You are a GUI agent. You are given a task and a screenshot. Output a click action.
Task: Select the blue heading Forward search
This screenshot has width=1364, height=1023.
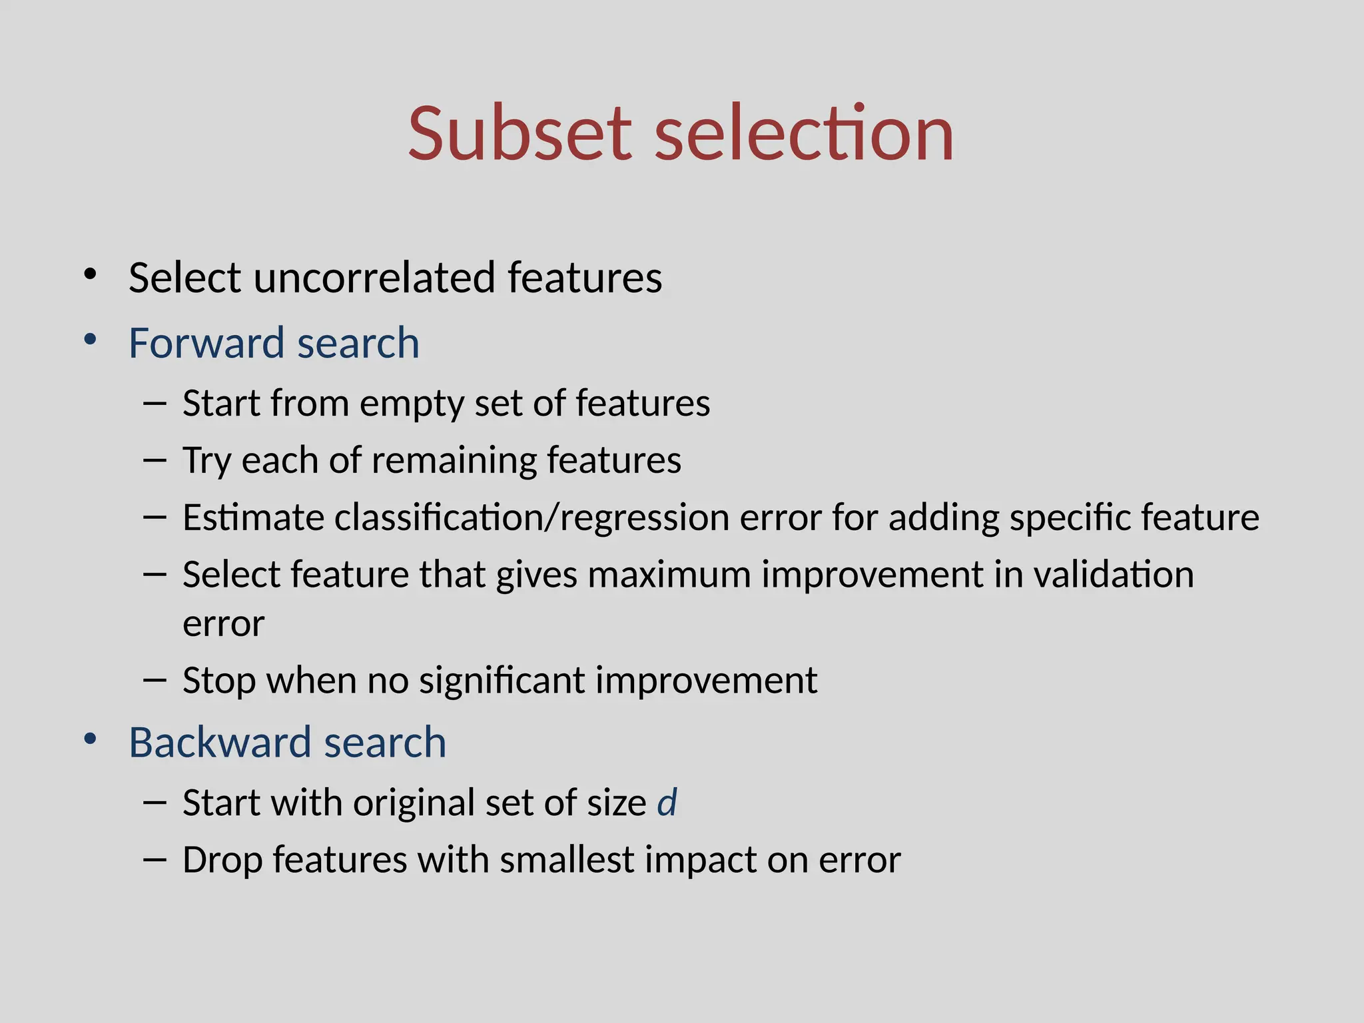(274, 343)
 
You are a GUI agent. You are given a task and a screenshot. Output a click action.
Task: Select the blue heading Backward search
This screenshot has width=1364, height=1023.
(287, 742)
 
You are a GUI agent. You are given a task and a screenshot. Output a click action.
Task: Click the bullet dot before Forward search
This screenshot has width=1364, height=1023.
(91, 340)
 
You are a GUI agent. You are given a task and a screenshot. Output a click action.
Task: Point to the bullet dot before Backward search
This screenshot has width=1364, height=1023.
(91, 739)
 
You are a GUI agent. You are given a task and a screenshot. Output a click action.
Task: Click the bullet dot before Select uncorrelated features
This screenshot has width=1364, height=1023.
(91, 274)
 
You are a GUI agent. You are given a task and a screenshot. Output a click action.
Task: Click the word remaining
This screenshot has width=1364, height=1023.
(453, 460)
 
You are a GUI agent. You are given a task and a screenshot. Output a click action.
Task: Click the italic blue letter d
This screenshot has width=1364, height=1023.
(667, 802)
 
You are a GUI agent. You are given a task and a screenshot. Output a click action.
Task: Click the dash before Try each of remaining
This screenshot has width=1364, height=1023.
(155, 460)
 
